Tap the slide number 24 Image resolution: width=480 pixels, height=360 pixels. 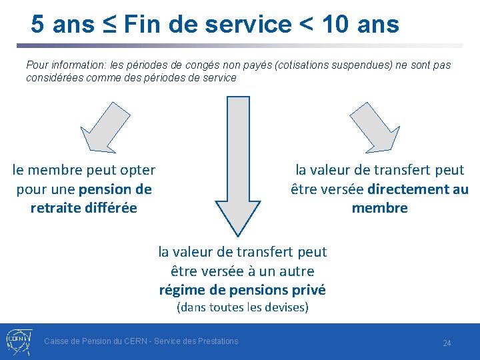click(447, 343)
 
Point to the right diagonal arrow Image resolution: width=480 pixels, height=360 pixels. click(374, 126)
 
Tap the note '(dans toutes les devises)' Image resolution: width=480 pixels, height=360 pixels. click(242, 307)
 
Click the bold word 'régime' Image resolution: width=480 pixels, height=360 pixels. click(181, 290)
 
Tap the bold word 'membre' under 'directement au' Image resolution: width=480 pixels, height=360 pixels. click(379, 208)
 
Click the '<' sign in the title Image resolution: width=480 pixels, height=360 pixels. click(306, 25)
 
